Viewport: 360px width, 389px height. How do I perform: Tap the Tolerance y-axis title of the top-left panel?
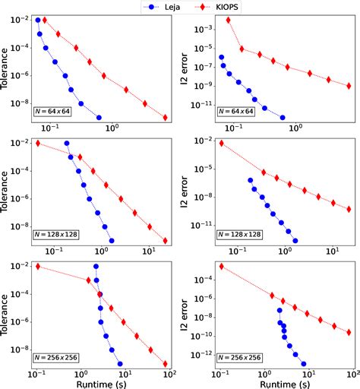8,68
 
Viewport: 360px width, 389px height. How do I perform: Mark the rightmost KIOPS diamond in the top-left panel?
166,117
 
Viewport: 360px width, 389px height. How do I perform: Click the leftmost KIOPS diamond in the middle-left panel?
37,144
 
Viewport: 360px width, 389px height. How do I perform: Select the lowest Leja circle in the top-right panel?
283,118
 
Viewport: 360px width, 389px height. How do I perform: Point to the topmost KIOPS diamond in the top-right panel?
229,20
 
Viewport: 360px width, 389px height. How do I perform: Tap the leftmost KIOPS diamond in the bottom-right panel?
221,267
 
